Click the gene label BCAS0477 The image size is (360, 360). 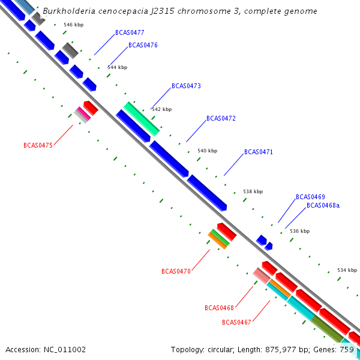click(130, 32)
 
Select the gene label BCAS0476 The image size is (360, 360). click(143, 45)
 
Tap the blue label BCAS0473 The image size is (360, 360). click(186, 86)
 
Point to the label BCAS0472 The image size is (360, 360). click(221, 118)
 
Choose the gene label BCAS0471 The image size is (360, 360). click(258, 152)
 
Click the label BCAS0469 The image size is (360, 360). click(310, 197)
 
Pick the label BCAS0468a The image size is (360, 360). click(323, 205)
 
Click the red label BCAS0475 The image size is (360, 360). click(38, 145)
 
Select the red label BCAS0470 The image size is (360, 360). click(176, 271)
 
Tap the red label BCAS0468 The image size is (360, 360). click(219, 308)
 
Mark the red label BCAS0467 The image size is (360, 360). click(236, 322)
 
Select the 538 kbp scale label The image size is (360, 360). click(253, 191)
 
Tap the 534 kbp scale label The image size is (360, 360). click(347, 269)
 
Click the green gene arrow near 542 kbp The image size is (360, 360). click(141, 118)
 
